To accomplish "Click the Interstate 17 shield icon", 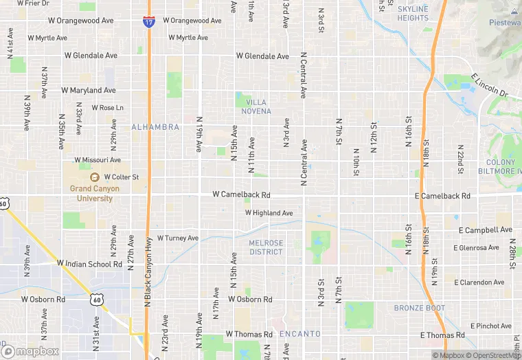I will (149, 22).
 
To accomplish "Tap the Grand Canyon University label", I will (94, 193).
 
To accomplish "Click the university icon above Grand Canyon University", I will (94, 177).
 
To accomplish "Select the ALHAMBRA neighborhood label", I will (155, 127).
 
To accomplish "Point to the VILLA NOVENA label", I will (258, 106).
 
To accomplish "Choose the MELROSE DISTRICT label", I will (266, 247).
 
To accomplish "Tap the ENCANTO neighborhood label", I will (300, 334).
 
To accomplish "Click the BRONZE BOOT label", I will (420, 308).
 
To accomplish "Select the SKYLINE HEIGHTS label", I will (412, 13).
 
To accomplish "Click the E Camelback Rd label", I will (443, 196).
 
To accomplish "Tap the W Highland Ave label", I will (269, 213).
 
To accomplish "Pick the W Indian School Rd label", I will (89, 263).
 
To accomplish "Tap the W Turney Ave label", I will (177, 238).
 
